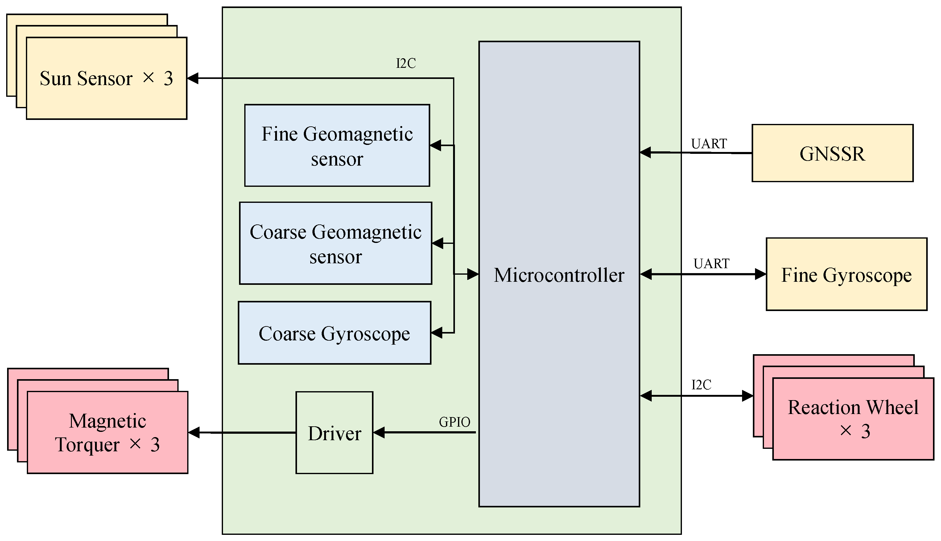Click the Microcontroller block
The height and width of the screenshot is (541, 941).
tap(559, 275)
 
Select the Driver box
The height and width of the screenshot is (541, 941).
tap(334, 433)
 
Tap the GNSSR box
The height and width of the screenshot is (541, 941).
tap(832, 154)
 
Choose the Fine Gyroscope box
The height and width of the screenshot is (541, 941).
tap(846, 275)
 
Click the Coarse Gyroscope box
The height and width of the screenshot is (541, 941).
tap(334, 333)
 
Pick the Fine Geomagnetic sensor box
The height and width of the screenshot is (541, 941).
tap(337, 145)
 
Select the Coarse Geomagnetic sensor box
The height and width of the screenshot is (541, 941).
tap(335, 244)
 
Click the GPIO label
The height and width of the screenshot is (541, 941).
tap(454, 422)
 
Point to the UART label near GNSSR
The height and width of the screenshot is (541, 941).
tap(709, 144)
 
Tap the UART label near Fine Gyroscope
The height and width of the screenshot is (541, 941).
tap(711, 264)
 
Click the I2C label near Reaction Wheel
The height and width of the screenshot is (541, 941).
tap(701, 385)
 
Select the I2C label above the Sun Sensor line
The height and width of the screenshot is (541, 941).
tap(406, 64)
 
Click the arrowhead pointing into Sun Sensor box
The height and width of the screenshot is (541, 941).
tap(193, 78)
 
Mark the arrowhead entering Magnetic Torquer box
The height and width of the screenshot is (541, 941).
tap(194, 432)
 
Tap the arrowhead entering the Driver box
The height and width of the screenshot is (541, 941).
tap(379, 432)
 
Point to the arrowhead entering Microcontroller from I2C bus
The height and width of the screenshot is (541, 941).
tap(473, 274)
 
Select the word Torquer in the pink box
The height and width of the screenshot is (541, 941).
tap(87, 445)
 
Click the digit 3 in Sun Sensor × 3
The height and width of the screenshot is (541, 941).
tap(168, 79)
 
